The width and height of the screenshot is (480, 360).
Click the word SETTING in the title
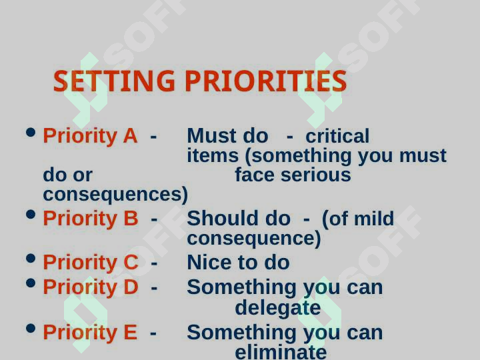[x=114, y=81]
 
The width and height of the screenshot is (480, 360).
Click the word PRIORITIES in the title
[x=266, y=81]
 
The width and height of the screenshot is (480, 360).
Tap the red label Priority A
[x=90, y=136]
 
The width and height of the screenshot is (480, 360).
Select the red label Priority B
[x=91, y=219]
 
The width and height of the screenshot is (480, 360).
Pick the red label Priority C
[x=91, y=263]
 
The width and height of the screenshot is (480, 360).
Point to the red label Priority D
[x=91, y=287]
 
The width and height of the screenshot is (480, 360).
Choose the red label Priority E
[x=90, y=333]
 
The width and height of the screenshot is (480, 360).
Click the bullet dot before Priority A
[x=31, y=132]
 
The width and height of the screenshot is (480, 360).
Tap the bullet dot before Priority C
[x=31, y=259]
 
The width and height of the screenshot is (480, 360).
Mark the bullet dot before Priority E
[x=31, y=329]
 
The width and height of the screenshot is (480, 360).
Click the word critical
[x=337, y=136]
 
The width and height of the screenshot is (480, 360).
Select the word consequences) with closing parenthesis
[x=115, y=195]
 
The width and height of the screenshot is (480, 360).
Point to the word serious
[x=315, y=175]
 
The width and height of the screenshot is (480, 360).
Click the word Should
[x=223, y=219]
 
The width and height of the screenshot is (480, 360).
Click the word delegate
[x=277, y=308]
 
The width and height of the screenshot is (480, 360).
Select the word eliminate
[x=281, y=352]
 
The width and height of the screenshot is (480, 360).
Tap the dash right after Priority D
[x=154, y=288]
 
